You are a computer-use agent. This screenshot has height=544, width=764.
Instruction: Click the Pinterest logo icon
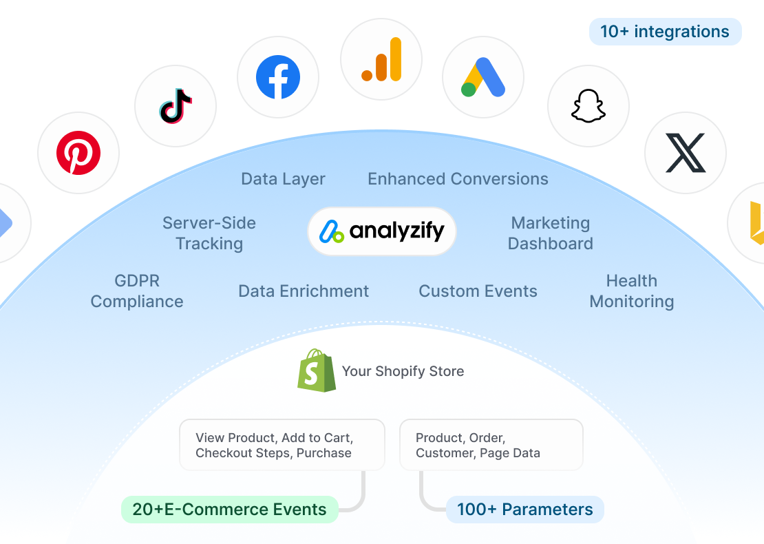78,153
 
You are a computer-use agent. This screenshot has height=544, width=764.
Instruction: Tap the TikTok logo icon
176,106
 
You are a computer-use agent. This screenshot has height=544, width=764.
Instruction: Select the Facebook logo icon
278,77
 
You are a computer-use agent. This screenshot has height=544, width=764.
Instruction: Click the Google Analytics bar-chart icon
381,59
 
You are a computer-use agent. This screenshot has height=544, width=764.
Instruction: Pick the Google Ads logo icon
483,77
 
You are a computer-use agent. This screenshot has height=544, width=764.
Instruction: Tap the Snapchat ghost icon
588,106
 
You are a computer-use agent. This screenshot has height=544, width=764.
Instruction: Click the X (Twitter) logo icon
686,153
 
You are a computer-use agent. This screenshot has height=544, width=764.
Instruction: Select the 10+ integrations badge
665,32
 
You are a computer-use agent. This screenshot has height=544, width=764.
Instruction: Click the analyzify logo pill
382,231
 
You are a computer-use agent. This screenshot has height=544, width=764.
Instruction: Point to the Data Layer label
283,180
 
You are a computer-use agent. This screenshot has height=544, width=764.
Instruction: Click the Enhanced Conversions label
458,179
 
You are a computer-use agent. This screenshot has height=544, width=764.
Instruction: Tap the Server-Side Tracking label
209,233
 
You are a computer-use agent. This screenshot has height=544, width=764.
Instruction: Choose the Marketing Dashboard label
551,233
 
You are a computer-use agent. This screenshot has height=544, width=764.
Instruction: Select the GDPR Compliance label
137,291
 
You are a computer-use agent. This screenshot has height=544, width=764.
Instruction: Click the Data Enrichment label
304,291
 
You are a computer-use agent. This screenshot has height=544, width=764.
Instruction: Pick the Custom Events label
478,291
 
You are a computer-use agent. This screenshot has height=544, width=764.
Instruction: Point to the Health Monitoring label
632,291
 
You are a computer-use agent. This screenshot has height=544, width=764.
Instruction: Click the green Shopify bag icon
317,370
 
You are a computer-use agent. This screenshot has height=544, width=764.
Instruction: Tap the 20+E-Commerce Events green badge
229,510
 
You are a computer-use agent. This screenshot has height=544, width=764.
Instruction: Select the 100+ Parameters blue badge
524,510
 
